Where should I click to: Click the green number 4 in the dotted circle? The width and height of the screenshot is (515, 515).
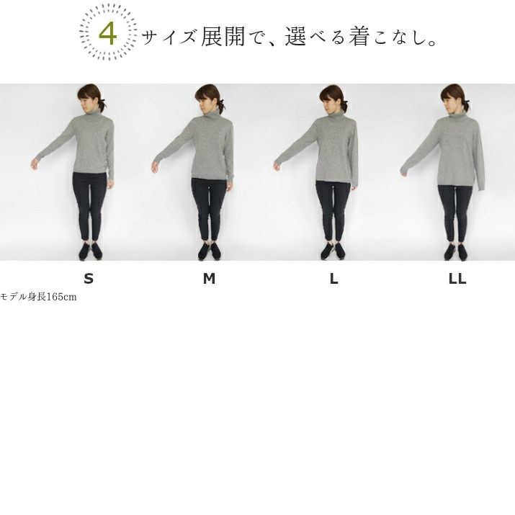[108, 34]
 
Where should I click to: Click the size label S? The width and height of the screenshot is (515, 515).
[89, 279]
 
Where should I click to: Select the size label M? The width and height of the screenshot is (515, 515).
[209, 279]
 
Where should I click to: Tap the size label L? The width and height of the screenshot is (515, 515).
[333, 279]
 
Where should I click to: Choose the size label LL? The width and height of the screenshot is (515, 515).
[457, 279]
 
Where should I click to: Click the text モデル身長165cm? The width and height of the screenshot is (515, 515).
[38, 297]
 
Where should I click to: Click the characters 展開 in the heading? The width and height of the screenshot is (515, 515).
[223, 36]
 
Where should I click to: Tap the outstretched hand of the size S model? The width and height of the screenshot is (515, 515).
[34, 164]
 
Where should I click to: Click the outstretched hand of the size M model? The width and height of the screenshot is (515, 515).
[155, 166]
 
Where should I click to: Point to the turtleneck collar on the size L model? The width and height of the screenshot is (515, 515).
[336, 116]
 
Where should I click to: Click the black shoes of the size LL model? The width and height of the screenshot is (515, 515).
[455, 252]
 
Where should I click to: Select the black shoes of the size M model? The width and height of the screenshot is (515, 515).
[209, 251]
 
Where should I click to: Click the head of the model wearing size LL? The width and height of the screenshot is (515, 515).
[452, 97]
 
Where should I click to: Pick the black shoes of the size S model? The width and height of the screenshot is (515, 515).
[90, 251]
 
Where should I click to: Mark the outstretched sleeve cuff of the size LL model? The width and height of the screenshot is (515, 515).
[405, 171]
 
